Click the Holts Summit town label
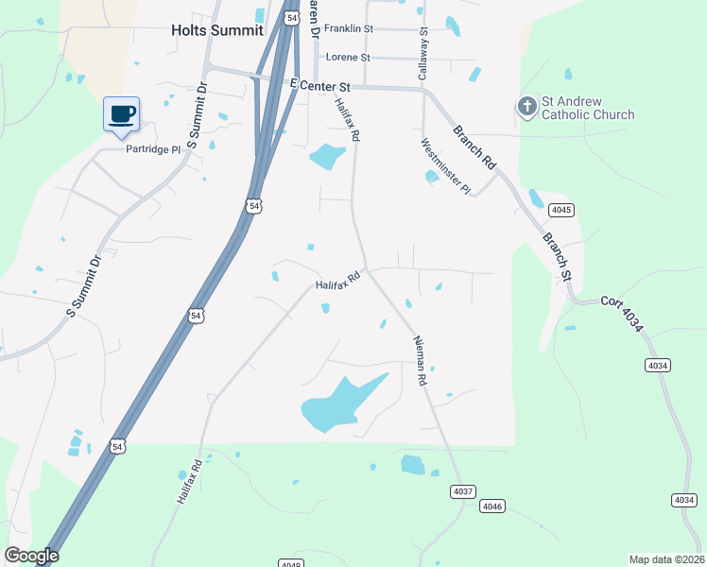[x=216, y=30]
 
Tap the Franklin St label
[x=350, y=28]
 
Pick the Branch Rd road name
[x=474, y=146]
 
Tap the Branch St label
[x=558, y=255]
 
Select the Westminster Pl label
[x=445, y=167]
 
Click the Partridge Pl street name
[x=153, y=149]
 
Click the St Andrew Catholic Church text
[x=587, y=109]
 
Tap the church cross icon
[x=526, y=108]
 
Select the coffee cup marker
[x=122, y=114]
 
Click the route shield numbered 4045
[x=561, y=210]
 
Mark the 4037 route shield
[x=461, y=490]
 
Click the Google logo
[x=31, y=556]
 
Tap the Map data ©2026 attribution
[x=665, y=559]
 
